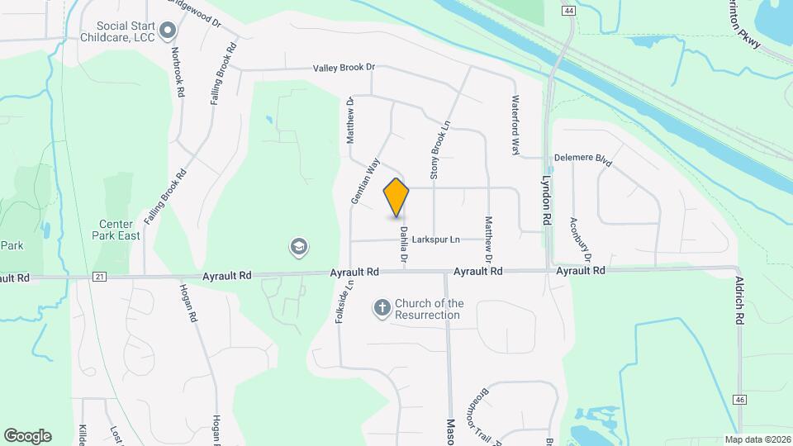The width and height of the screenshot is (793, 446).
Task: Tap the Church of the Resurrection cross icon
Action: [382, 308]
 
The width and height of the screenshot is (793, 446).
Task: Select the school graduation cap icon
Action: [298, 247]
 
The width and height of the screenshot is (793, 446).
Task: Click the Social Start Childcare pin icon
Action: [169, 31]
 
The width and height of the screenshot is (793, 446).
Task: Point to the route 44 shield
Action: [567, 10]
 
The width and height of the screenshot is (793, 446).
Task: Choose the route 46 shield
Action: [739, 400]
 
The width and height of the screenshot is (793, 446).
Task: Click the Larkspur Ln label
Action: [436, 240]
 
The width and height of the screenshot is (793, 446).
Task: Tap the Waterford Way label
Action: [515, 126]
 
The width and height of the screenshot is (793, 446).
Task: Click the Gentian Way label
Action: [364, 181]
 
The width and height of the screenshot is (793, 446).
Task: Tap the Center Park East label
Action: [120, 230]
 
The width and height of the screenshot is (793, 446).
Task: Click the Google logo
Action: [27, 435]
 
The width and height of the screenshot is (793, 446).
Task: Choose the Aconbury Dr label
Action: [581, 240]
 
